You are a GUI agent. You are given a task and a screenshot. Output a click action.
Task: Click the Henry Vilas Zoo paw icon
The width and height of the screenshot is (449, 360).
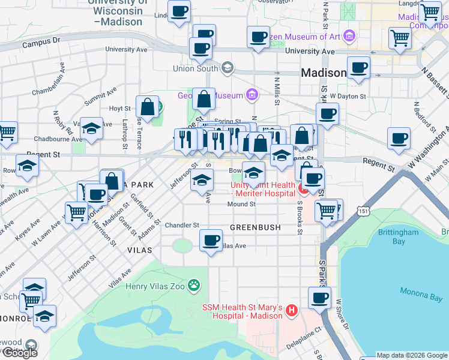[194, 285]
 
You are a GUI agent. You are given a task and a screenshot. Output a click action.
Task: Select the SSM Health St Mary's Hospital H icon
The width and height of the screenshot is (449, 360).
[291, 310]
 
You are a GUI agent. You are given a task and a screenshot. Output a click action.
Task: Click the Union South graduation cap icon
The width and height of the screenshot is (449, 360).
[228, 67]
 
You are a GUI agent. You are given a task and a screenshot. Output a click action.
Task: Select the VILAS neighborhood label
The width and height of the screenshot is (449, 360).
[139, 249]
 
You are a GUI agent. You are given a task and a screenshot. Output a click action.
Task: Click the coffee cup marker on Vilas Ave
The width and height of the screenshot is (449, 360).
[211, 241]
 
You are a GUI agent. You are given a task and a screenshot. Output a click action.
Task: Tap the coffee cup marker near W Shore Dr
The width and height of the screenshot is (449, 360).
[319, 297]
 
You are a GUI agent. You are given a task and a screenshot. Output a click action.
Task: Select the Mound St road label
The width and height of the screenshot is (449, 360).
[242, 205]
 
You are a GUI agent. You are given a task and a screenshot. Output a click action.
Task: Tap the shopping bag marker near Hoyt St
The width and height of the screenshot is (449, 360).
[147, 107]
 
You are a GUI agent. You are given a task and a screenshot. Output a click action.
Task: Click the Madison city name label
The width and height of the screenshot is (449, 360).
[324, 73]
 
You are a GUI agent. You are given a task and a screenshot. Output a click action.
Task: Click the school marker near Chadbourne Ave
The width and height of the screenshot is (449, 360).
[91, 128]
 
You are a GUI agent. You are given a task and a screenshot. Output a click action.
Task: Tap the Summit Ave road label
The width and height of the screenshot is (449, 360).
[100, 94]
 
